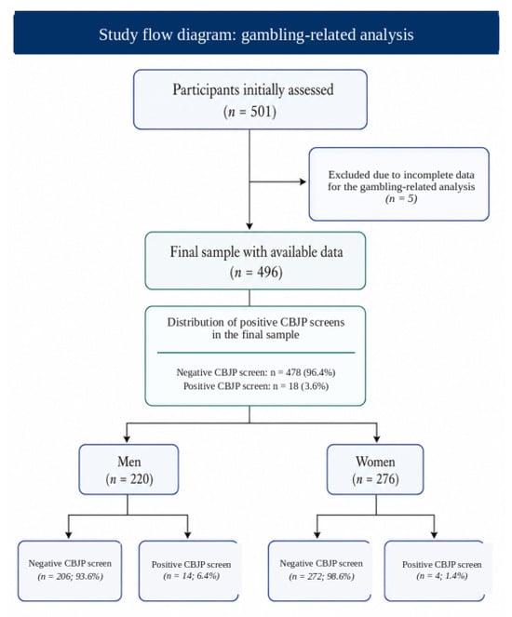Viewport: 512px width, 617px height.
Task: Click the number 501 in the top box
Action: click(x=261, y=112)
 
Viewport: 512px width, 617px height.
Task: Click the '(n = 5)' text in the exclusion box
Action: click(x=401, y=199)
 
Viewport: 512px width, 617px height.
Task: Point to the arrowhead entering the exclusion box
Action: click(x=303, y=181)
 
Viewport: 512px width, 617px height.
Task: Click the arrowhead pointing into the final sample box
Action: click(x=249, y=226)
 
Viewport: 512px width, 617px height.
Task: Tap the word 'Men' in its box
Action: click(x=128, y=462)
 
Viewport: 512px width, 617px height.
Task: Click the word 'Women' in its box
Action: click(x=375, y=462)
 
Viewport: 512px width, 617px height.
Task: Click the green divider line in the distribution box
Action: click(x=256, y=353)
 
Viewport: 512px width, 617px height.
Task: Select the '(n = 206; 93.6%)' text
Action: click(x=70, y=576)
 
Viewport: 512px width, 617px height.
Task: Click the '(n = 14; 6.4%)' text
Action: click(x=191, y=576)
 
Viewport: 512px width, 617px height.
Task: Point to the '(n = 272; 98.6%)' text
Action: click(x=321, y=576)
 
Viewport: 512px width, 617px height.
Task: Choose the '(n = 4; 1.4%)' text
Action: click(x=442, y=576)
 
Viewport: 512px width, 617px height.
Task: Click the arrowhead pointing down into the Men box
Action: click(x=127, y=438)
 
